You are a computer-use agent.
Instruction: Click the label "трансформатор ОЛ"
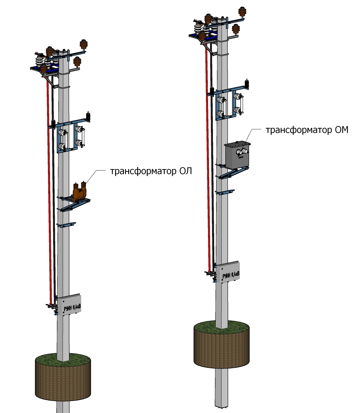[151, 171]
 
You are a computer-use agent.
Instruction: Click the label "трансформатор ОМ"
[307, 130]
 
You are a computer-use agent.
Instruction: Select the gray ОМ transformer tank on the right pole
[237, 155]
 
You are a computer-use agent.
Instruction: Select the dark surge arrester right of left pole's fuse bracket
[88, 116]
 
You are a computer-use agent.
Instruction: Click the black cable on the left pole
[54, 202]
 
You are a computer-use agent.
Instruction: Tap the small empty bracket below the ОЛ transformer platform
[67, 225]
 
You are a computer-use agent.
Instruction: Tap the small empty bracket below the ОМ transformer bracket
[225, 192]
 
